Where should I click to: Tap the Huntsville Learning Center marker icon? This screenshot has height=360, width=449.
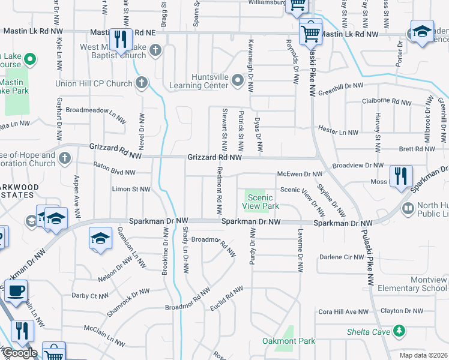pos(238,79)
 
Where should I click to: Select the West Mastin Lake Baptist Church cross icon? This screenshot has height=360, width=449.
pos(155,50)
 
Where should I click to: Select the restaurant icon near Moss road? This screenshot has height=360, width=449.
pos(399,177)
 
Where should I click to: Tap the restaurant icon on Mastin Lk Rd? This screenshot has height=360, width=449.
pos(122,40)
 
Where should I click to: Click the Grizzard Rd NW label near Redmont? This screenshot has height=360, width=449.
pos(214,157)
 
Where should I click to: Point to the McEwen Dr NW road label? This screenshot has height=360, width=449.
pos(300,174)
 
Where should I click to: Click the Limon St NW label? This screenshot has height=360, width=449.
pos(131,189)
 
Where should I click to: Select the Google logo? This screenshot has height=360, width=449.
pos(19,353)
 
